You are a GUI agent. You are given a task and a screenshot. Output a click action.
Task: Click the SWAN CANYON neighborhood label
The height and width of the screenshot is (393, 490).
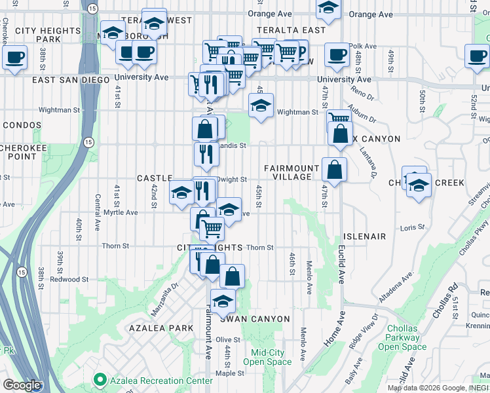254,319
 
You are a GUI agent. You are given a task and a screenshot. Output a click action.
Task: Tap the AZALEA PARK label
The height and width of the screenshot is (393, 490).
160,327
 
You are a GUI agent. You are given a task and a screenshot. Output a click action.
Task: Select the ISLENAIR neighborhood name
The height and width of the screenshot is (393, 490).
364,236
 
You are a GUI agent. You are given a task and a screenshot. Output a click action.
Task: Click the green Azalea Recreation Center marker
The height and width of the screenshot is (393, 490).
100,379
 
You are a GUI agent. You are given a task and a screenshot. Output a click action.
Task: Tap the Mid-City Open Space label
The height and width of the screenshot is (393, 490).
267,357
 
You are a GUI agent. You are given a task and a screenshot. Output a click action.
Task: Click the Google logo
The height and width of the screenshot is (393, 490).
22,385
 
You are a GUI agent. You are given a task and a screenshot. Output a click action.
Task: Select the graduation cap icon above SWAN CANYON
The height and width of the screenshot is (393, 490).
223,301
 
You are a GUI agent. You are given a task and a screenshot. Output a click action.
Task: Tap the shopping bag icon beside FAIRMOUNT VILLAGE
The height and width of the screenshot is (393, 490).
334,170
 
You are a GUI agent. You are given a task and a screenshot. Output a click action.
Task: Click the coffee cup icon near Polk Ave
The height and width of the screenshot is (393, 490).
337,55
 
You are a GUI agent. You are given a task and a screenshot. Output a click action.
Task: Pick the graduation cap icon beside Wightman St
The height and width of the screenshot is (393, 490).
261,105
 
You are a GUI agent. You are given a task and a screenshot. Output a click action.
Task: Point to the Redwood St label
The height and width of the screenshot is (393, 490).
70,280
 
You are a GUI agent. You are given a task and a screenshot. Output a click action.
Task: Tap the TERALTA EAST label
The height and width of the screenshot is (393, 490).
292,30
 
